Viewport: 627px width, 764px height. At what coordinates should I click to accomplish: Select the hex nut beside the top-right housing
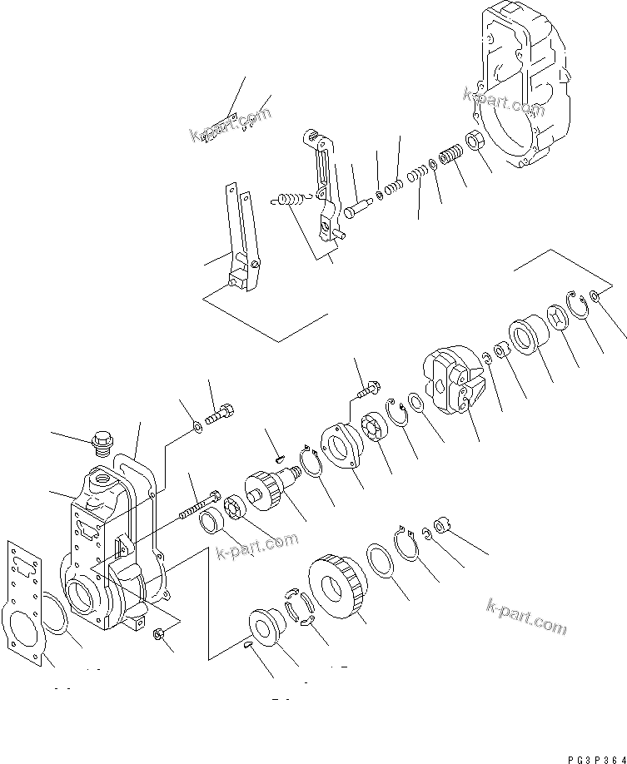coord(478,142)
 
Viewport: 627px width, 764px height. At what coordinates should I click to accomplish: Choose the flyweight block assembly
coord(453,381)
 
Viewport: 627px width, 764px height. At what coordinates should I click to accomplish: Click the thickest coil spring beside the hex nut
coord(450,156)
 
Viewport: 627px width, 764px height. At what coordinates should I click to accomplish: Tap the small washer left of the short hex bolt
coord(196,427)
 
